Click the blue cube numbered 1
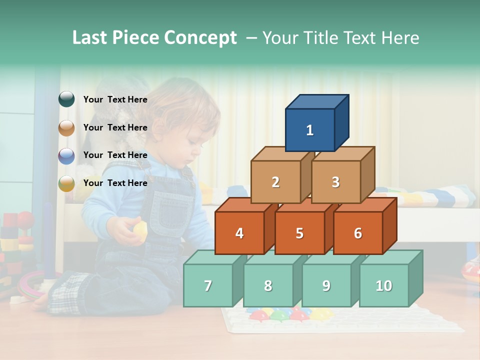click(310, 130)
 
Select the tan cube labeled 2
click(275, 182)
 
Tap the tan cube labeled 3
click(335, 182)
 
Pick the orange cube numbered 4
click(239, 233)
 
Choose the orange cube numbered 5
click(299, 233)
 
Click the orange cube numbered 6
click(358, 233)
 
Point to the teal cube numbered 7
click(208, 285)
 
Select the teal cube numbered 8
click(268, 285)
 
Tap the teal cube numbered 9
click(326, 285)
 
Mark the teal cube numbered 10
click(383, 285)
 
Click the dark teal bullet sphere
click(66, 99)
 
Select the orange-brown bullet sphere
click(66, 128)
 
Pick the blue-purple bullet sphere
click(66, 156)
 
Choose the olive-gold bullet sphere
click(66, 184)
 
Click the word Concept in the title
click(200, 38)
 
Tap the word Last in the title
click(90, 38)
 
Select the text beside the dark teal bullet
click(115, 99)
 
